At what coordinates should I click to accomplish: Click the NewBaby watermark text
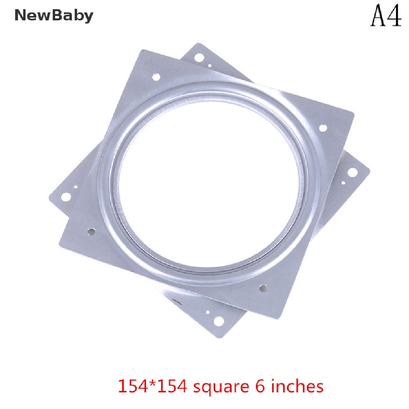[x=54, y=16]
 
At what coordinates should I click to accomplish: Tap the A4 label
[x=386, y=16]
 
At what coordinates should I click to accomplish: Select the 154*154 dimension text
[x=152, y=386]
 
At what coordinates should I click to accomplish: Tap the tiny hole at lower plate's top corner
[x=210, y=66]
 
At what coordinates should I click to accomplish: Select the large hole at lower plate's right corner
[x=352, y=172]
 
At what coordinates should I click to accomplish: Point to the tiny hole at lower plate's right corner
[x=343, y=183]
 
